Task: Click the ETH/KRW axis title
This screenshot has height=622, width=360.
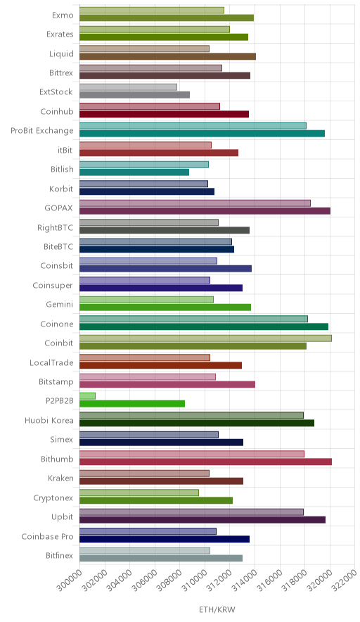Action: pyautogui.click(x=217, y=609)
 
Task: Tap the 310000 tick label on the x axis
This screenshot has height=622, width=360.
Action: pyautogui.click(x=193, y=580)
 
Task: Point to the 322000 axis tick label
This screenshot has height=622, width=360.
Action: pyautogui.click(x=344, y=580)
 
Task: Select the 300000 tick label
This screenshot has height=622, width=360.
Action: pyautogui.click(x=68, y=580)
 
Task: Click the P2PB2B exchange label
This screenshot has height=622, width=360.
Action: pyautogui.click(x=60, y=400)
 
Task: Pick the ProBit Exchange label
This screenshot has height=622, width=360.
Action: pyautogui.click(x=42, y=130)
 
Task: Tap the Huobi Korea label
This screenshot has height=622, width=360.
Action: pyautogui.click(x=49, y=420)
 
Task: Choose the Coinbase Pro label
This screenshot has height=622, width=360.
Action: pyautogui.click(x=48, y=536)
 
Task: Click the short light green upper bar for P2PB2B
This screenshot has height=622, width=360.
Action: pyautogui.click(x=87, y=396)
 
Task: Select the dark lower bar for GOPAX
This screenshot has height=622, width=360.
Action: pyautogui.click(x=205, y=210)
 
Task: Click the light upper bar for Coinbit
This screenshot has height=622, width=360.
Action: pyautogui.click(x=205, y=338)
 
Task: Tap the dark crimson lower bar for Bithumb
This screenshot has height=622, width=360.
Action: pyautogui.click(x=205, y=462)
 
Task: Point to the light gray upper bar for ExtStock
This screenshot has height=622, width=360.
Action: pyautogui.click(x=128, y=87)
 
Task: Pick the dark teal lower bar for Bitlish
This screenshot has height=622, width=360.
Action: pyautogui.click(x=134, y=172)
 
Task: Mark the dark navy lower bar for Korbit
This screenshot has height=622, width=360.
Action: pyautogui.click(x=147, y=191)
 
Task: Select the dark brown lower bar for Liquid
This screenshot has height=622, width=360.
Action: pyautogui.click(x=168, y=56)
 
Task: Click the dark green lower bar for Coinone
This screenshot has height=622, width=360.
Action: pyautogui.click(x=204, y=326)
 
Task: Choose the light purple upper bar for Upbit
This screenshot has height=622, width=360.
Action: pyautogui.click(x=191, y=512)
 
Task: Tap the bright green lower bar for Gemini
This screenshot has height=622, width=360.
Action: pyautogui.click(x=165, y=307)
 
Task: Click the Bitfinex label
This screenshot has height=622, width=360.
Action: pyautogui.click(x=60, y=555)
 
